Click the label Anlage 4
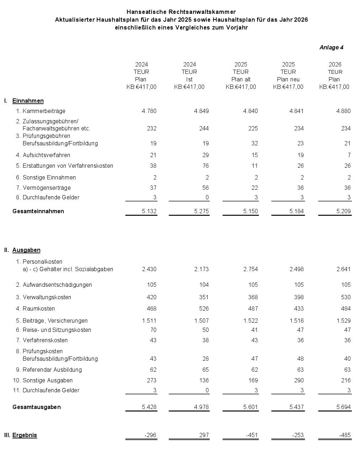[331, 48]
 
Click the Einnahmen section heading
[28, 101]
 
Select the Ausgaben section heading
[26, 250]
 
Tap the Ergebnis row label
[25, 435]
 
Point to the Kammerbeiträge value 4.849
[201, 111]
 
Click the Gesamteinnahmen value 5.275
[201, 211]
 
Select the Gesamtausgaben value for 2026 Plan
[343, 407]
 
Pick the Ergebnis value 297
[204, 435]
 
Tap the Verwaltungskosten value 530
[345, 297]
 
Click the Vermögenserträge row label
[46, 188]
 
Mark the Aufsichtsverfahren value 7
[349, 155]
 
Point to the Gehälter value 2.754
[250, 269]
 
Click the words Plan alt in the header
[241, 80]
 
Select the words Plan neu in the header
[288, 80]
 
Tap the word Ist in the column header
[189, 80]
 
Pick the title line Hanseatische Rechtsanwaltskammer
[181, 12]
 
